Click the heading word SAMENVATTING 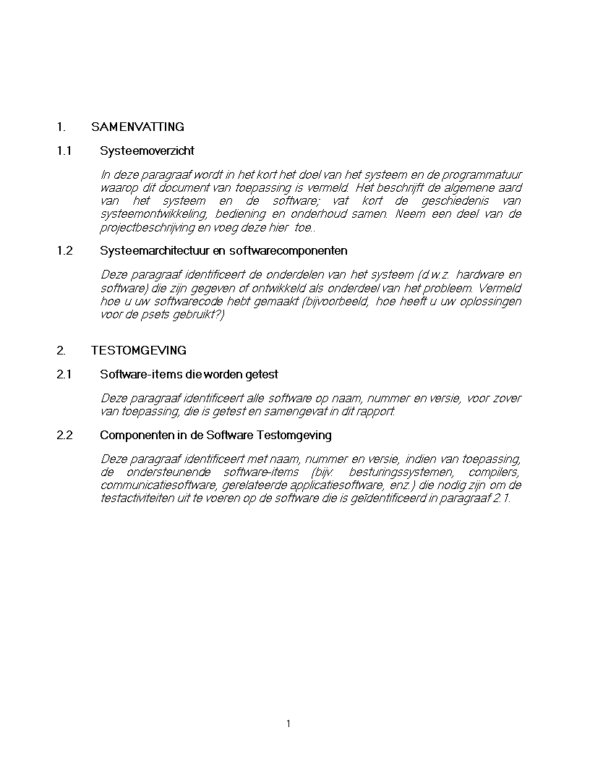(137, 127)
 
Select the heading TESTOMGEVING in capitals (139, 351)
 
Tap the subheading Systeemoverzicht (147, 151)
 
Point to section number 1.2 (64, 251)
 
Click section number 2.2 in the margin (64, 436)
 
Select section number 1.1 (64, 151)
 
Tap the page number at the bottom (288, 723)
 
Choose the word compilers (499, 472)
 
